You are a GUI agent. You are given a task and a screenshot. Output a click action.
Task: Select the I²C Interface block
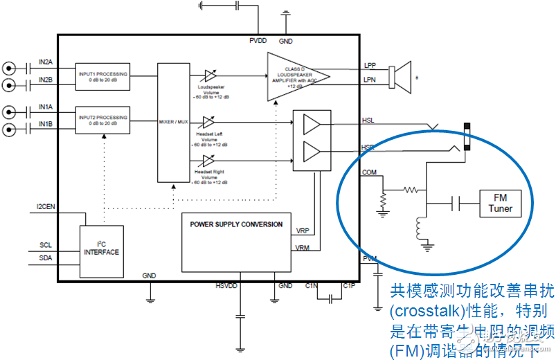pos(101,248)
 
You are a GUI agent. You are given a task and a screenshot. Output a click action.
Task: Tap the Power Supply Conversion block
pos(236,242)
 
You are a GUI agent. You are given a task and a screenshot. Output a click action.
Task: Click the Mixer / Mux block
pos(173,122)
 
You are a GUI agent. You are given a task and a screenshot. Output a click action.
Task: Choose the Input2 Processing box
pos(103,120)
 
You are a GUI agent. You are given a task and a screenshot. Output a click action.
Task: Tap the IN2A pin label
pos(46,63)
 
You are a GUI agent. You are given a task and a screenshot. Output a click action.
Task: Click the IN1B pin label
pos(46,124)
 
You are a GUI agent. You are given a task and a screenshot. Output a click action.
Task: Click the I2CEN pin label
pos(47,207)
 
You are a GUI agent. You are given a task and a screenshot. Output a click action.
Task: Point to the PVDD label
pos(258,42)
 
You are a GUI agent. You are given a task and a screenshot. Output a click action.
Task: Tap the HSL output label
pos(369,120)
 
